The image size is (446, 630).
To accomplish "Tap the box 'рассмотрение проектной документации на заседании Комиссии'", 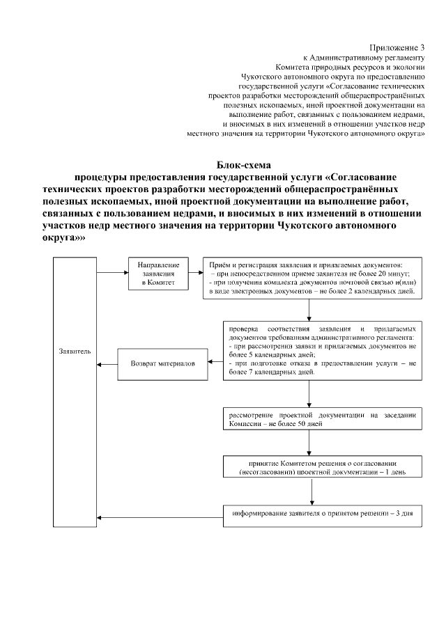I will click(322, 419).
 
